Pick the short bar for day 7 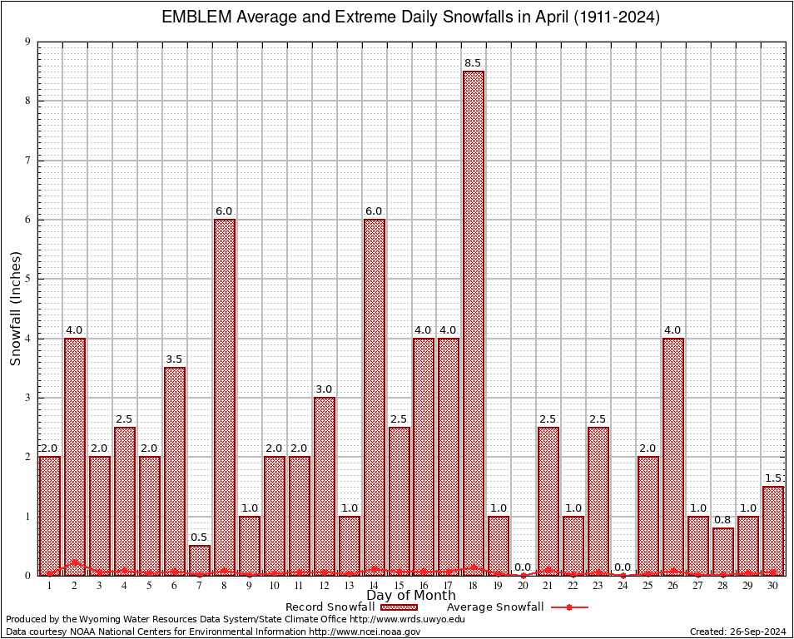coord(199,560)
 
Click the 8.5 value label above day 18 coord(474,63)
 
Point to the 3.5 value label coord(174,359)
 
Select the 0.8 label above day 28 coord(723,520)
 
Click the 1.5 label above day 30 coord(773,478)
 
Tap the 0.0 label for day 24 coord(623,567)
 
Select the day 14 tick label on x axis coord(374,586)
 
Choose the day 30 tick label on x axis coord(773,586)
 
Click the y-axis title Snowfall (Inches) coord(16,309)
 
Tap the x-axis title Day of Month coord(411,596)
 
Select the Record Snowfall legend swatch coord(399,607)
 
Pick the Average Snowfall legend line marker coord(569,607)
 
